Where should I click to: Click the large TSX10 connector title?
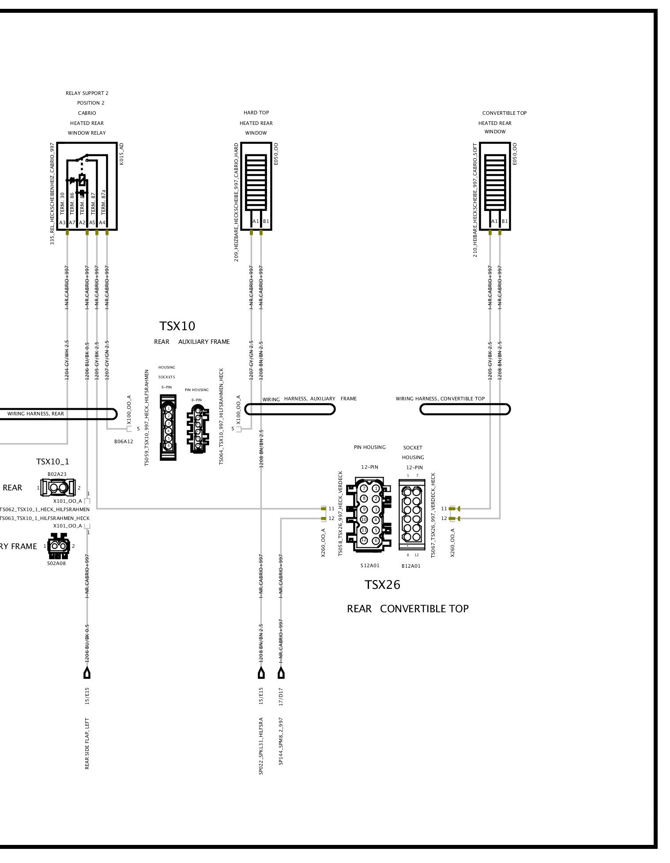(177, 326)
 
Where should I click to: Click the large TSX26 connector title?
(382, 585)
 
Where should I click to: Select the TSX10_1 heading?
(53, 462)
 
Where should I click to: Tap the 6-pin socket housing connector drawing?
(168, 427)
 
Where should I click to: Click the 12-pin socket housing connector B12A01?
(411, 515)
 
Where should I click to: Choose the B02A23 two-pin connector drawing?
(58, 488)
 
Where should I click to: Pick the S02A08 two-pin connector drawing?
(59, 546)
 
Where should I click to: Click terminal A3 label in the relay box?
(62, 223)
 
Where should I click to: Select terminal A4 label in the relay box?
(102, 223)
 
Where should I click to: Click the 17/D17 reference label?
(281, 696)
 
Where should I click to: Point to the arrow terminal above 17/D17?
(281, 674)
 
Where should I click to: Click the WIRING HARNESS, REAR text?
(35, 414)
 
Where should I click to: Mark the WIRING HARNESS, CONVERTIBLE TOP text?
(440, 399)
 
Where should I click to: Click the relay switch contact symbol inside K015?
(82, 159)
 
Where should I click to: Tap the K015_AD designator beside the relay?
(122, 154)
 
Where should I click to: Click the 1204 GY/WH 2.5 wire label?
(67, 360)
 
